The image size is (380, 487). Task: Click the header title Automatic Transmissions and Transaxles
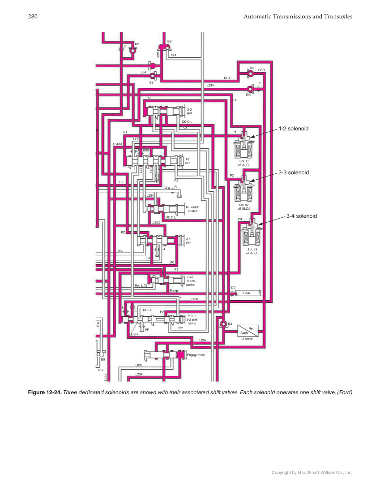coord(298,17)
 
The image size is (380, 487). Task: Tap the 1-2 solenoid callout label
coord(294,129)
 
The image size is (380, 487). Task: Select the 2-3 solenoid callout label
coord(294,172)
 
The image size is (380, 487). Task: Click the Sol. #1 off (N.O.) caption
coord(244,163)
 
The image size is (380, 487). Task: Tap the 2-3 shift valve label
coord(189,112)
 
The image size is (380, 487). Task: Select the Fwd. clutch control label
coord(191,281)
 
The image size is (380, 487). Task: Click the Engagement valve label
coord(196,355)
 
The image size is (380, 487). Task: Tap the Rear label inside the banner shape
coord(247,293)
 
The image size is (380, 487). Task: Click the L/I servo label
coord(247,339)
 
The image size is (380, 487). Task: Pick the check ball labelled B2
coord(132,51)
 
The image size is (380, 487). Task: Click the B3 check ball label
coord(230,323)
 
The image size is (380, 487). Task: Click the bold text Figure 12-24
coord(44,393)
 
